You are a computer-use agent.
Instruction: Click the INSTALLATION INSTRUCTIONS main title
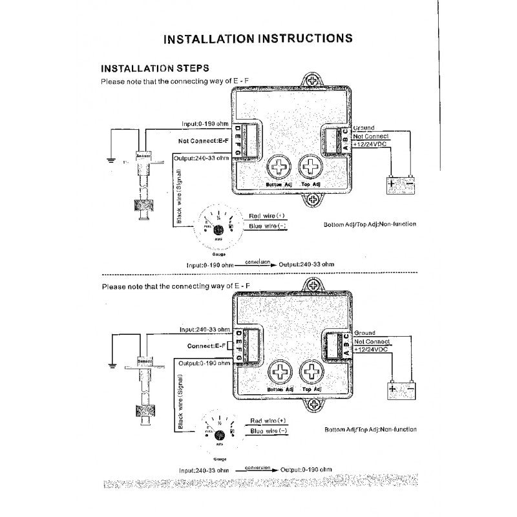click(x=258, y=38)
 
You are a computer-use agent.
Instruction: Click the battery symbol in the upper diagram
click(x=400, y=185)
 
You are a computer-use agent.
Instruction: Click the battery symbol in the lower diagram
click(x=401, y=389)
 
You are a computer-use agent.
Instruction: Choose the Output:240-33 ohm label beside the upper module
click(x=202, y=158)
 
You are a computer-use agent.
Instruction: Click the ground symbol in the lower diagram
click(x=112, y=365)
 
